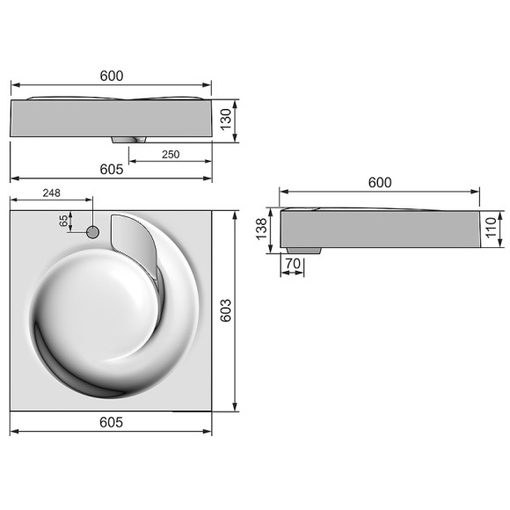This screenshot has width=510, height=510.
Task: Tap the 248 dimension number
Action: [x=51, y=193]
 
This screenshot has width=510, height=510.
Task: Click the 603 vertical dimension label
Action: [x=226, y=310]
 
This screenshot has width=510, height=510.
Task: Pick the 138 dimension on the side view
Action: [x=260, y=230]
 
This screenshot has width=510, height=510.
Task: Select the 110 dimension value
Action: [x=492, y=230]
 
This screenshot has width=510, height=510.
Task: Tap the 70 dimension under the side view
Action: [x=294, y=263]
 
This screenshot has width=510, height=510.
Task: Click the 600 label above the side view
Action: [x=380, y=182]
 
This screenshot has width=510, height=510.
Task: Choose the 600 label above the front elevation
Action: [x=112, y=76]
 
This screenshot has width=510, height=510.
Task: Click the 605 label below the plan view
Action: [x=111, y=423]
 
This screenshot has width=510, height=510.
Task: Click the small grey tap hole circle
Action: [x=92, y=232]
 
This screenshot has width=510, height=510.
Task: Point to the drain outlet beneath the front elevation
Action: [x=130, y=139]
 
